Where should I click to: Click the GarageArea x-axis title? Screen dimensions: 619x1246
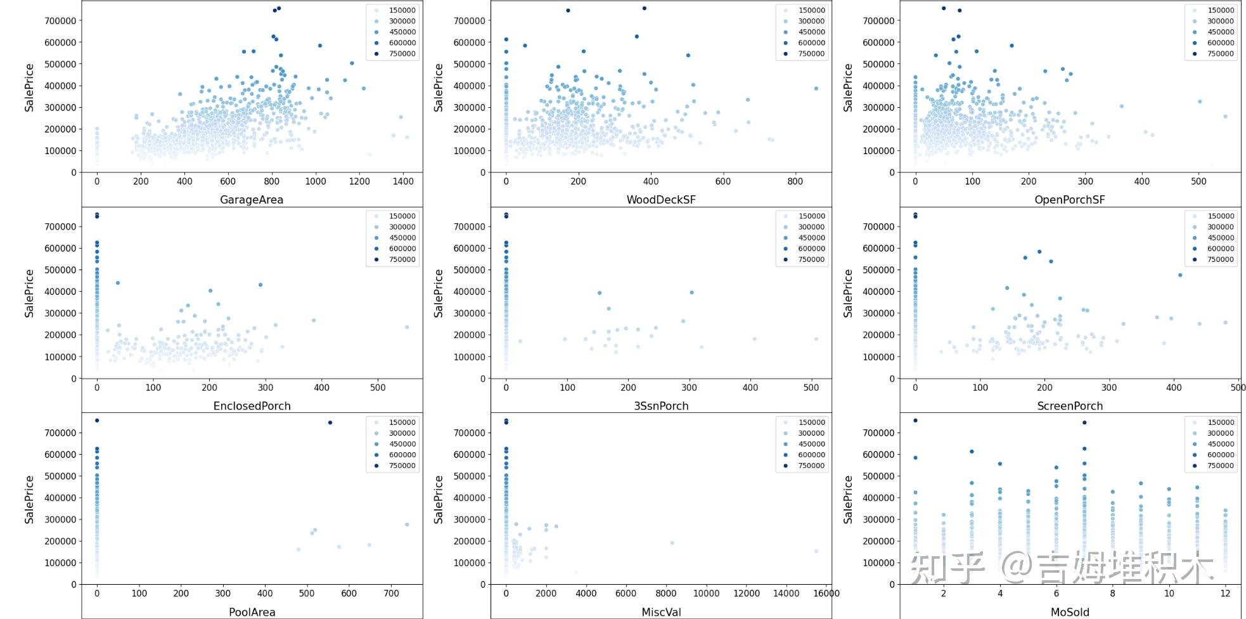252,200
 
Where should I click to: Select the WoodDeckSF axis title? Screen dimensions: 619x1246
661,200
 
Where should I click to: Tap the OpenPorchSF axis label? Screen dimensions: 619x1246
1070,200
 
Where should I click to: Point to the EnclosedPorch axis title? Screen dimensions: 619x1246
252,406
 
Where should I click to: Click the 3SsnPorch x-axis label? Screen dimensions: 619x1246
661,406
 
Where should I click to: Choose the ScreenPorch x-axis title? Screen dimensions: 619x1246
1070,406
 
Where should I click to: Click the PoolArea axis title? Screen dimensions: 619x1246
252,612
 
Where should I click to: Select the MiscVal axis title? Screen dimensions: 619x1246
661,612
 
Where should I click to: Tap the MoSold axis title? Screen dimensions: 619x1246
1070,612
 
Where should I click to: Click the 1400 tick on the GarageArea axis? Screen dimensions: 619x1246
403,181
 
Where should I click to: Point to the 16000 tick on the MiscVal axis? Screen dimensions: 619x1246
826,594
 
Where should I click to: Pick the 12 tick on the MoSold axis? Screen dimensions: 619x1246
1225,594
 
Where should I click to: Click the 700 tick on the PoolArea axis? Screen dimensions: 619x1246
391,594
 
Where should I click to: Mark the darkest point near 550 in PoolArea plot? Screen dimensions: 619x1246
330,422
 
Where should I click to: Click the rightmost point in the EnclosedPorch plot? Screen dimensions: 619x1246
407,327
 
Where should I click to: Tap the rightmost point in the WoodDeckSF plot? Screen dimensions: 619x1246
816,89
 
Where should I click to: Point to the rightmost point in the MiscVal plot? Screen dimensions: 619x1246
816,551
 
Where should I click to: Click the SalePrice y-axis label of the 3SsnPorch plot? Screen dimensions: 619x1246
438,293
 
